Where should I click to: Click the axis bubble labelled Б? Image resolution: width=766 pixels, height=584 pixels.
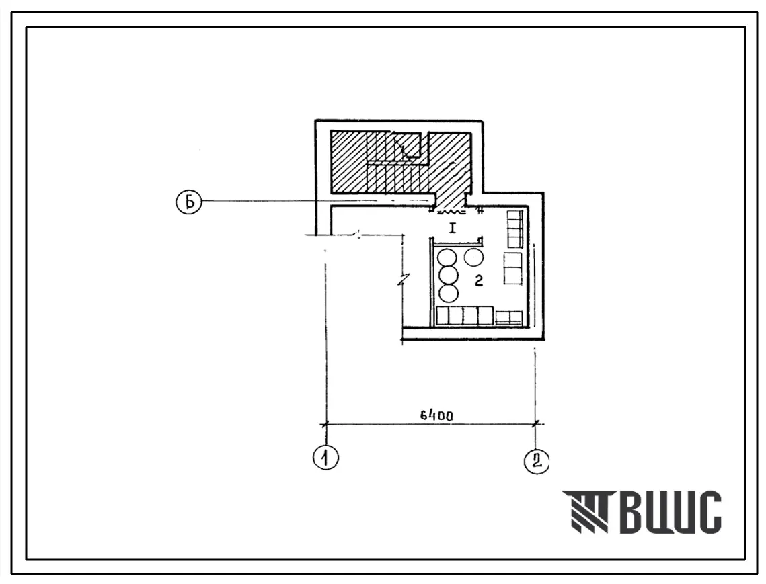pos(188,202)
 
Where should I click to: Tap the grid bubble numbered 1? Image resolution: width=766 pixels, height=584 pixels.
pos(325,458)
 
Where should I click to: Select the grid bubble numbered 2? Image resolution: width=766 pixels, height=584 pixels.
pos(537,461)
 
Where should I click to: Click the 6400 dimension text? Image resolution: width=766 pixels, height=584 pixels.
pos(436,415)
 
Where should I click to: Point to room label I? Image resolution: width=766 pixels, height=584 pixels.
pos(453,228)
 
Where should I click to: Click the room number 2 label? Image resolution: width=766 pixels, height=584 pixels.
pos(479,280)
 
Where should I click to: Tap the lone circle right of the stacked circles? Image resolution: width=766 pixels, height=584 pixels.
pos(473,257)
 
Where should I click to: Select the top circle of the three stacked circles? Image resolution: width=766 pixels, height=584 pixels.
pos(448,258)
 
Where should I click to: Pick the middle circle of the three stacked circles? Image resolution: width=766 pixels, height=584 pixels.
pos(449,276)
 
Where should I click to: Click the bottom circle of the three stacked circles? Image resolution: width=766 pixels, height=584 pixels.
pos(449,293)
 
